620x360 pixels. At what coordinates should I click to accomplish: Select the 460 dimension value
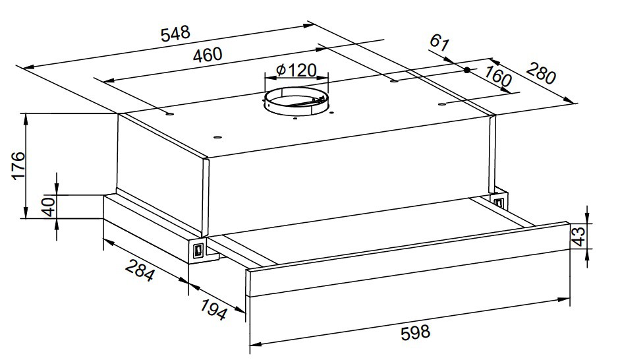(208, 54)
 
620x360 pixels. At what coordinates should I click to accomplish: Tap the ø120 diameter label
(296, 71)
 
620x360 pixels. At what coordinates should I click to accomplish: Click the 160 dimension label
(498, 76)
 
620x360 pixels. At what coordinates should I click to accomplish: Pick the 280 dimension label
(541, 73)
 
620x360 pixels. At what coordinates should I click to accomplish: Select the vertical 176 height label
(18, 165)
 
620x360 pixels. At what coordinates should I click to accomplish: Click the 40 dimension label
(49, 206)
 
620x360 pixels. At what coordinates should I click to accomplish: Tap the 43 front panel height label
(579, 237)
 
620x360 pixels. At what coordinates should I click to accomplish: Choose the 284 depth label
(140, 270)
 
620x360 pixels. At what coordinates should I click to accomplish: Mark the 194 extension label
(213, 309)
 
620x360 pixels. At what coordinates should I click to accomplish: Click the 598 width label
(415, 332)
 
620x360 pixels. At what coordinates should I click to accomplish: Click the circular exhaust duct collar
(296, 102)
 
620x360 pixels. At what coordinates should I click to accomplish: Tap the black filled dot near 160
(466, 70)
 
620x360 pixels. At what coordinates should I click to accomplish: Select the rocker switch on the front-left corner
(198, 251)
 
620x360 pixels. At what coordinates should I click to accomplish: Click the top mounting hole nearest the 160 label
(442, 104)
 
